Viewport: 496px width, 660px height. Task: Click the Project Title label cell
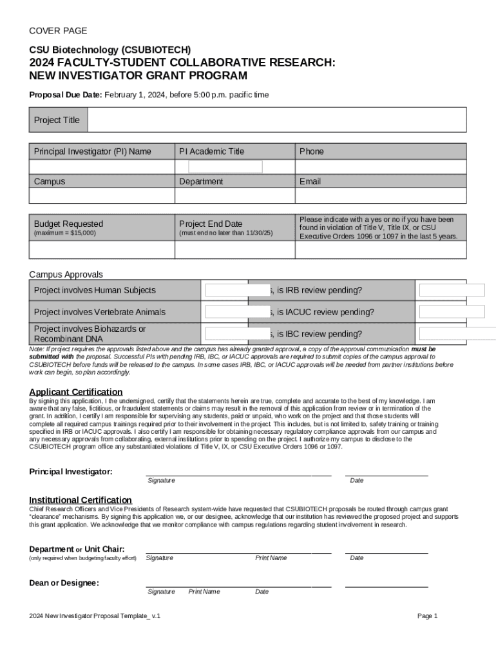coord(57,120)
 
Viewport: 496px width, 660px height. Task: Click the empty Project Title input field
coord(276,120)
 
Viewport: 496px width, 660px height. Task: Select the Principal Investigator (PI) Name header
coord(93,151)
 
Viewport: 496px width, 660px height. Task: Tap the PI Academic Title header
coord(212,151)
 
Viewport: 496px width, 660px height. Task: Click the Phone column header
coord(312,151)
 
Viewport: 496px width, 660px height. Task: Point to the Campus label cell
coord(50,182)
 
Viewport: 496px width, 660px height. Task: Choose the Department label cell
coord(201,182)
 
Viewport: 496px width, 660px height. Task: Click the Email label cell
coord(310,182)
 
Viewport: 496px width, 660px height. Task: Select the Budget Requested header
coord(68,224)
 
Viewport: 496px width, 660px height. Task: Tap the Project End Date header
coord(211,224)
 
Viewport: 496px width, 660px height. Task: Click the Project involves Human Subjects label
coord(95,291)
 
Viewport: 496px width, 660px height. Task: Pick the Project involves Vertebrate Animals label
coord(100,312)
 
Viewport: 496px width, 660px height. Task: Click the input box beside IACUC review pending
coord(452,312)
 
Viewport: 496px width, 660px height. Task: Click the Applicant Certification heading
coord(76,392)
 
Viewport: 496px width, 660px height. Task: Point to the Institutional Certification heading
coord(81,500)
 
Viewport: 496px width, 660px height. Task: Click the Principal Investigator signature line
coord(238,474)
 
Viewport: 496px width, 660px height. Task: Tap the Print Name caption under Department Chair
coord(271,558)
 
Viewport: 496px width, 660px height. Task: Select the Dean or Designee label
coord(64,583)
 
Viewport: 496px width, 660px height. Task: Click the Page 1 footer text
coord(427,616)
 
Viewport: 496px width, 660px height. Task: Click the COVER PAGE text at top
coord(58,31)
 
